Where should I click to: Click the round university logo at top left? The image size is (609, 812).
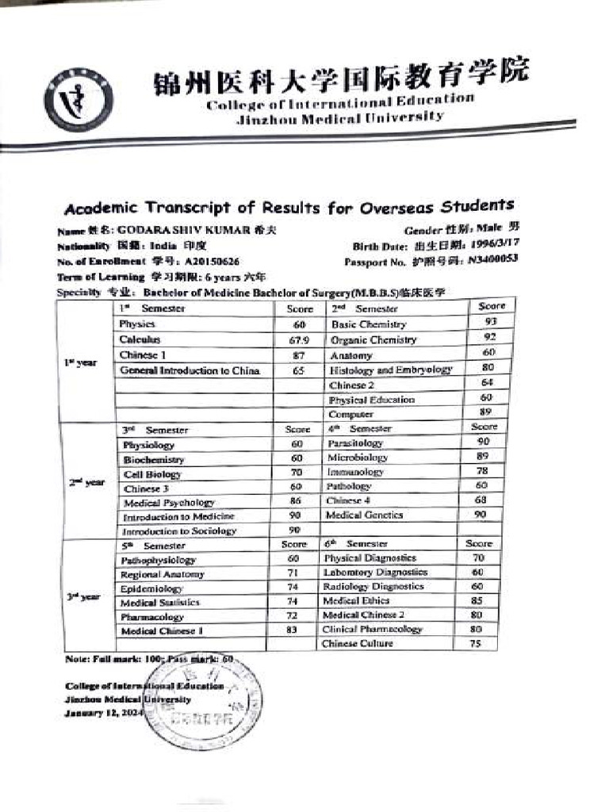tap(78, 99)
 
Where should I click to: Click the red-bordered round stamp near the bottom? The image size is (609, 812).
tap(205, 703)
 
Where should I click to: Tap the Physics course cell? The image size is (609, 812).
tap(137, 324)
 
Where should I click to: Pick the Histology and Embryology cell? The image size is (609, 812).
tap(391, 370)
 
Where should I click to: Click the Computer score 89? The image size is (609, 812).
tap(485, 412)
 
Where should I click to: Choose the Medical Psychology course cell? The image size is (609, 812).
tap(169, 502)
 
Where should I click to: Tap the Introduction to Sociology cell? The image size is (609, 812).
tap(179, 531)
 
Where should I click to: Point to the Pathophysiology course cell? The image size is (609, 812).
tap(158, 560)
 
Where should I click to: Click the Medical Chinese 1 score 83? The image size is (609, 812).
tap(291, 630)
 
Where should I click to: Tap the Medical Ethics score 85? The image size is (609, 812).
tap(477, 601)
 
